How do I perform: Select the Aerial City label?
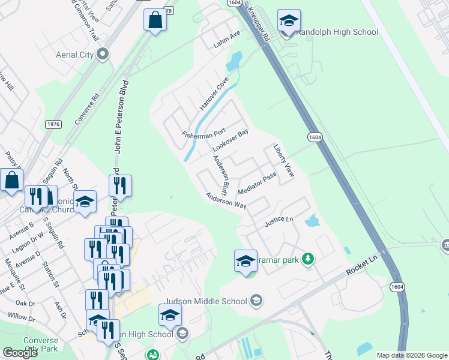(74, 55)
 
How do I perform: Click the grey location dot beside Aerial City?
(103, 55)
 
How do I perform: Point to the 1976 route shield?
(53, 124)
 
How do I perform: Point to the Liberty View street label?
(283, 161)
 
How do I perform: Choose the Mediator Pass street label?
(256, 183)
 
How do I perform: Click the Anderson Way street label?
(226, 200)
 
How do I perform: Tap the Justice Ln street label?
(279, 222)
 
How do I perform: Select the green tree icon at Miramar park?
(308, 259)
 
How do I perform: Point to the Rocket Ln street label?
(364, 265)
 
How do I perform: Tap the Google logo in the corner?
(20, 353)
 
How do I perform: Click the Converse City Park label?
(41, 343)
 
